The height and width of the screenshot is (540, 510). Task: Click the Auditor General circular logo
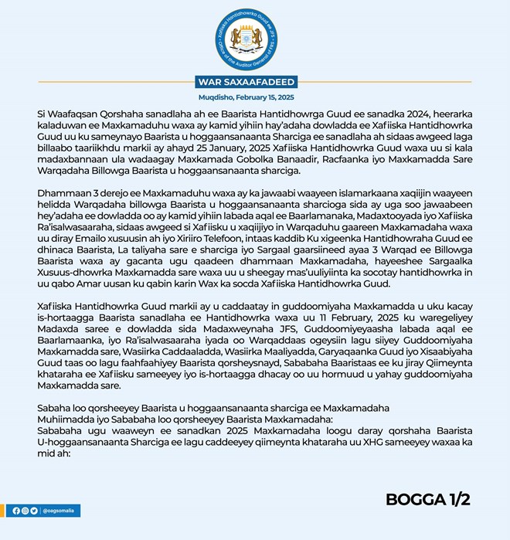pyautogui.click(x=254, y=39)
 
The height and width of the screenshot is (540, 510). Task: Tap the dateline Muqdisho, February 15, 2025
pyautogui.click(x=254, y=99)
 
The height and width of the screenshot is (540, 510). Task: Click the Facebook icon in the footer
pyautogui.click(x=16, y=511)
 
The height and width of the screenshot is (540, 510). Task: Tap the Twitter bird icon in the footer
pyautogui.click(x=35, y=511)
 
